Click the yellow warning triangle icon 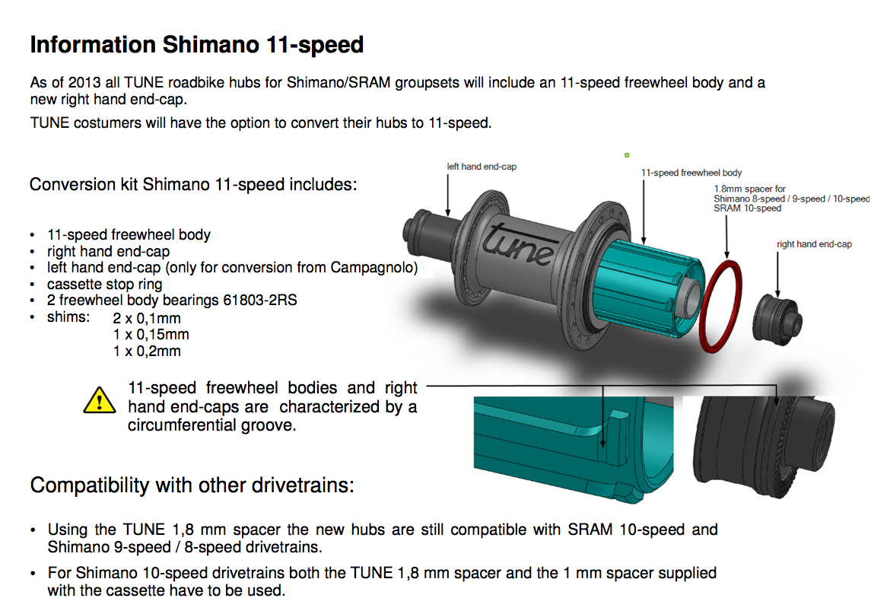click(x=100, y=401)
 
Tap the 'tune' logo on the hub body click(x=518, y=245)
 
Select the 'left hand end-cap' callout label click(x=482, y=166)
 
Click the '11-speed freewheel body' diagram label click(x=691, y=173)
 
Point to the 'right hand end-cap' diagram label click(x=814, y=244)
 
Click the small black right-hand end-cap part click(x=777, y=319)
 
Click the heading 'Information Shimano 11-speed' click(x=197, y=44)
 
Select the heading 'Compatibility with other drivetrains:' click(x=192, y=485)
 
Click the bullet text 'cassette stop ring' click(x=104, y=284)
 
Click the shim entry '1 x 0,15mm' click(x=151, y=335)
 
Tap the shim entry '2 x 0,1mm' click(x=147, y=318)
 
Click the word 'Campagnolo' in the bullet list click(x=374, y=267)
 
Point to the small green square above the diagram click(x=627, y=155)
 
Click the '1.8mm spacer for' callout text click(x=749, y=189)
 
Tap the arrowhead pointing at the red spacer click(x=726, y=254)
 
